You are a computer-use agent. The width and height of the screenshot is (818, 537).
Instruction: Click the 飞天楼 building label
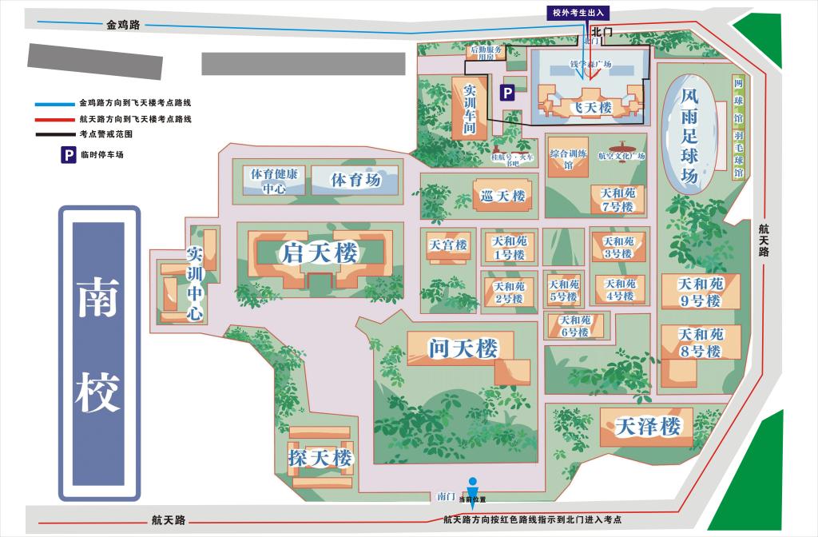coord(590,106)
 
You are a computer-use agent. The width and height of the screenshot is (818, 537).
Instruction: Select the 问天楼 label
coord(463,348)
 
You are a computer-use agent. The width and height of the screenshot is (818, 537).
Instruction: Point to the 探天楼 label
coord(320,458)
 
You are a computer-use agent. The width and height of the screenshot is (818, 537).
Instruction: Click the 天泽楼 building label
coord(648,426)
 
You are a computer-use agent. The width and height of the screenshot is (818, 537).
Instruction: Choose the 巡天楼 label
coord(502,196)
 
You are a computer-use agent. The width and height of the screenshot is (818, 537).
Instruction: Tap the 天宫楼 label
coord(447,245)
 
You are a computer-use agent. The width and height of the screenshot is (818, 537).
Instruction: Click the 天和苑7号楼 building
coord(617,200)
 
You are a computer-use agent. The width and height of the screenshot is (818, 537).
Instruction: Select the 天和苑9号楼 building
coord(700,292)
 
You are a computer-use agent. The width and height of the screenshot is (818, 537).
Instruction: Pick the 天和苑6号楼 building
coord(574,326)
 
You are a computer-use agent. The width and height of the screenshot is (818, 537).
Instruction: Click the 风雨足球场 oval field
coord(689,134)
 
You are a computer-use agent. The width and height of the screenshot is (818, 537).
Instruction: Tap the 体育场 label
coord(355,181)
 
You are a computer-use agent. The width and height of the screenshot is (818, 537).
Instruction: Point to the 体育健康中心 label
coord(273,181)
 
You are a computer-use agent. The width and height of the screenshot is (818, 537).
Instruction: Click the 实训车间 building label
coord(469,109)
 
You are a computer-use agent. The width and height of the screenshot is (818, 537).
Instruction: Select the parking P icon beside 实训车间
coord(507,93)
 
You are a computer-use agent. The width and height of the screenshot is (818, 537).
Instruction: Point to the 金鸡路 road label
coord(123,25)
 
